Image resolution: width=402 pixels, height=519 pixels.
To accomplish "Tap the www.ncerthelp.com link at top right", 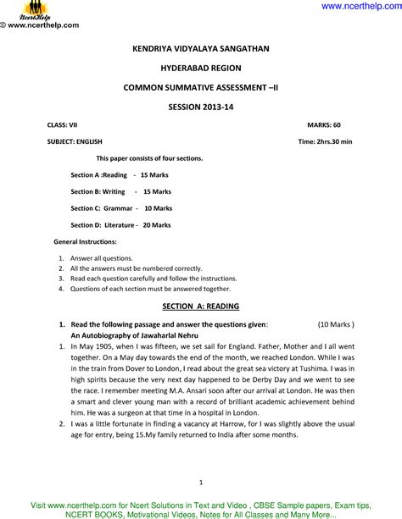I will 360,7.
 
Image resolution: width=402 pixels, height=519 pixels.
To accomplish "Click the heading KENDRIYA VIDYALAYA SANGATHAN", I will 201,50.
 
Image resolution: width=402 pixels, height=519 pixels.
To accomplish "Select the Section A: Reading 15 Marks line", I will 119,175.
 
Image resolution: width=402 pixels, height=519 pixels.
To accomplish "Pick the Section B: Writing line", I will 119,192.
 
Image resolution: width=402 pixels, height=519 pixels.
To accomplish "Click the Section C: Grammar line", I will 119,208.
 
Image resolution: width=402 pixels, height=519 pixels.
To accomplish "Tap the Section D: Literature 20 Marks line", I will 120,225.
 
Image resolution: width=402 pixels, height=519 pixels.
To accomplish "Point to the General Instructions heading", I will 85,242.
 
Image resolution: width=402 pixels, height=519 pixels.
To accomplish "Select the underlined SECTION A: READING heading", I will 200,305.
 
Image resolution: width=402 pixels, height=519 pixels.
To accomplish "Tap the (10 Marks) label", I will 336,324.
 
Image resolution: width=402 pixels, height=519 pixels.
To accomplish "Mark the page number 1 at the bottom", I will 201,483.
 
